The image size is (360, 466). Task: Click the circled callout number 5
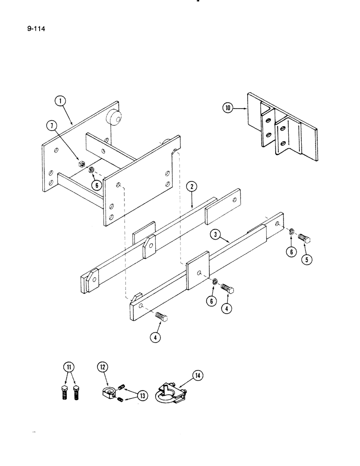pos(306,259)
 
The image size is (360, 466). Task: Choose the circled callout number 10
pos(228,109)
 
